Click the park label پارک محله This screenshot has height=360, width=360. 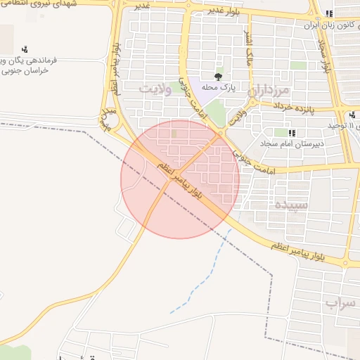pos(218,87)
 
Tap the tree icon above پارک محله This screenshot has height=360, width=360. pos(218,76)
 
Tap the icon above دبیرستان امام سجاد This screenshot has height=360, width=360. pos(292,133)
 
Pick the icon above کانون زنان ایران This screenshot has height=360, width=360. pos(329,13)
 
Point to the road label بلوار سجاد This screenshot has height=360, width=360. pos(326,56)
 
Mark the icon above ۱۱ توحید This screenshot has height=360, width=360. pos(352,115)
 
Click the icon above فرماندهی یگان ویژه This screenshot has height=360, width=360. pos(25,49)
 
